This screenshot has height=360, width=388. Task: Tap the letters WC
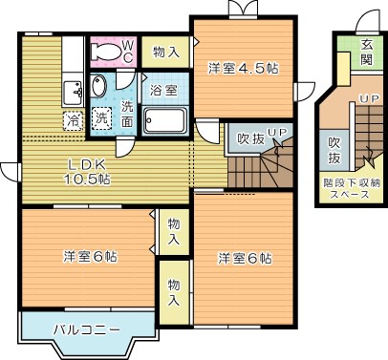coord(128,50)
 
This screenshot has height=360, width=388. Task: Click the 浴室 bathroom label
coord(163,91)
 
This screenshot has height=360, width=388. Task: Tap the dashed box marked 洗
coord(102,121)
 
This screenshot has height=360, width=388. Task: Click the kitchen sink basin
coord(73,93)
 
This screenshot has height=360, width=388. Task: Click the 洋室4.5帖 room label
coord(243,68)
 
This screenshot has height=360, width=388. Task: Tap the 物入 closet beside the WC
coord(165,53)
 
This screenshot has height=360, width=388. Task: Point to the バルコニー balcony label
coord(86,329)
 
